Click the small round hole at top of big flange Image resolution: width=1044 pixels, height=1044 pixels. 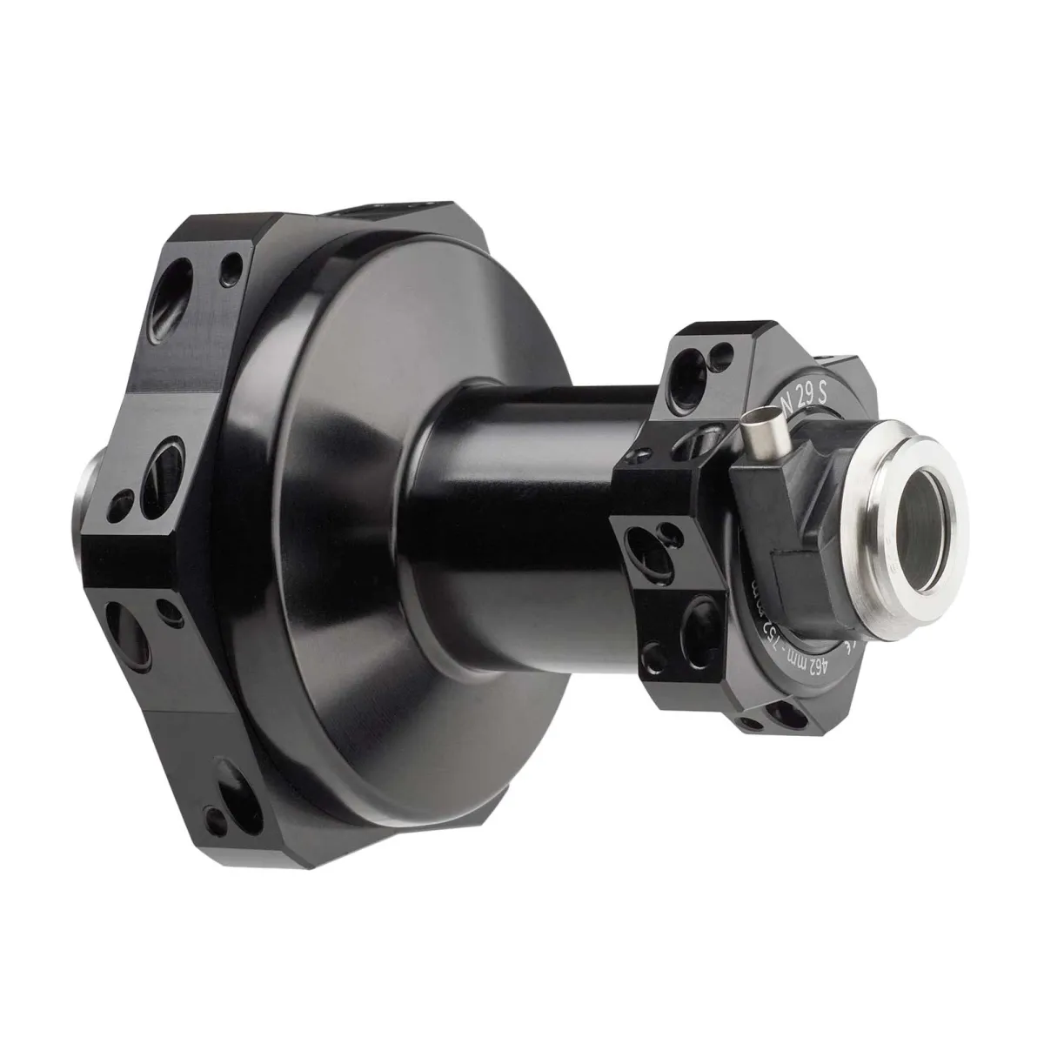(x=232, y=262)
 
